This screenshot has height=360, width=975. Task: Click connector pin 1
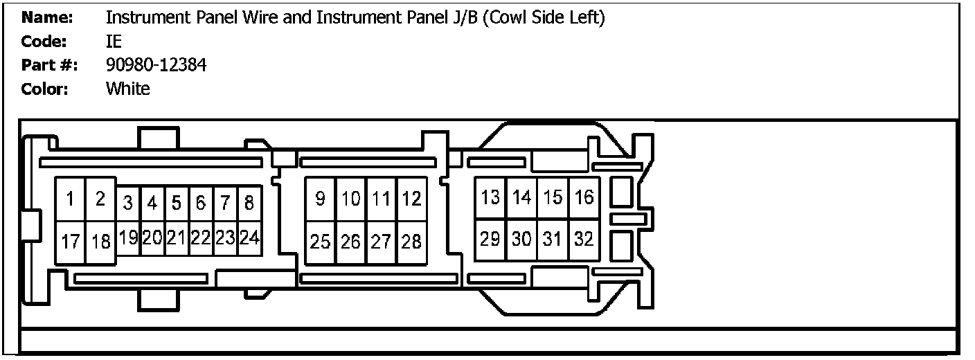[70, 199]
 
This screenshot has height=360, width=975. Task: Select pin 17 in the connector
[70, 242]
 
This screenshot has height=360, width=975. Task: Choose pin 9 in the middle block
[320, 199]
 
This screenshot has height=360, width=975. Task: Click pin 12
[411, 199]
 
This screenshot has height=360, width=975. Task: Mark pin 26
[351, 242]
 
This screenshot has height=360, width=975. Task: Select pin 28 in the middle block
[411, 242]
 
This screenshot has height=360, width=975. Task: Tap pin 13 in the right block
[490, 197]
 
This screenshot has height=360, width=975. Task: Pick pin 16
[584, 197]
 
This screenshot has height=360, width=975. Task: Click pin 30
[521, 240]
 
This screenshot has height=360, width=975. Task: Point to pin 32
[584, 240]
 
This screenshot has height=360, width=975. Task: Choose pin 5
[177, 203]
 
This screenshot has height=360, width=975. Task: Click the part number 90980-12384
[156, 65]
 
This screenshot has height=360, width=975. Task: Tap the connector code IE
[114, 42]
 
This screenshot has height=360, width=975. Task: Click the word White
[127, 89]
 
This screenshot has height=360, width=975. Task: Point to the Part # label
[49, 65]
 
